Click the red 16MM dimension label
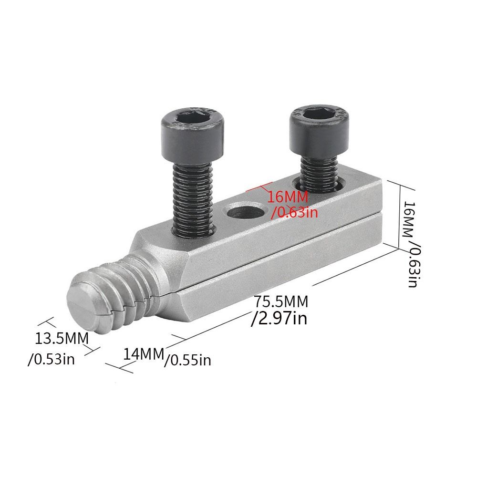click(x=288, y=197)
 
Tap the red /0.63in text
click(x=294, y=212)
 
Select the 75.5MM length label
click(x=281, y=302)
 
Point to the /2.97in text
click(x=279, y=319)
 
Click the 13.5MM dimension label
click(x=62, y=339)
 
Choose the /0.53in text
click(x=51, y=360)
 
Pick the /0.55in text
click(x=187, y=361)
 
